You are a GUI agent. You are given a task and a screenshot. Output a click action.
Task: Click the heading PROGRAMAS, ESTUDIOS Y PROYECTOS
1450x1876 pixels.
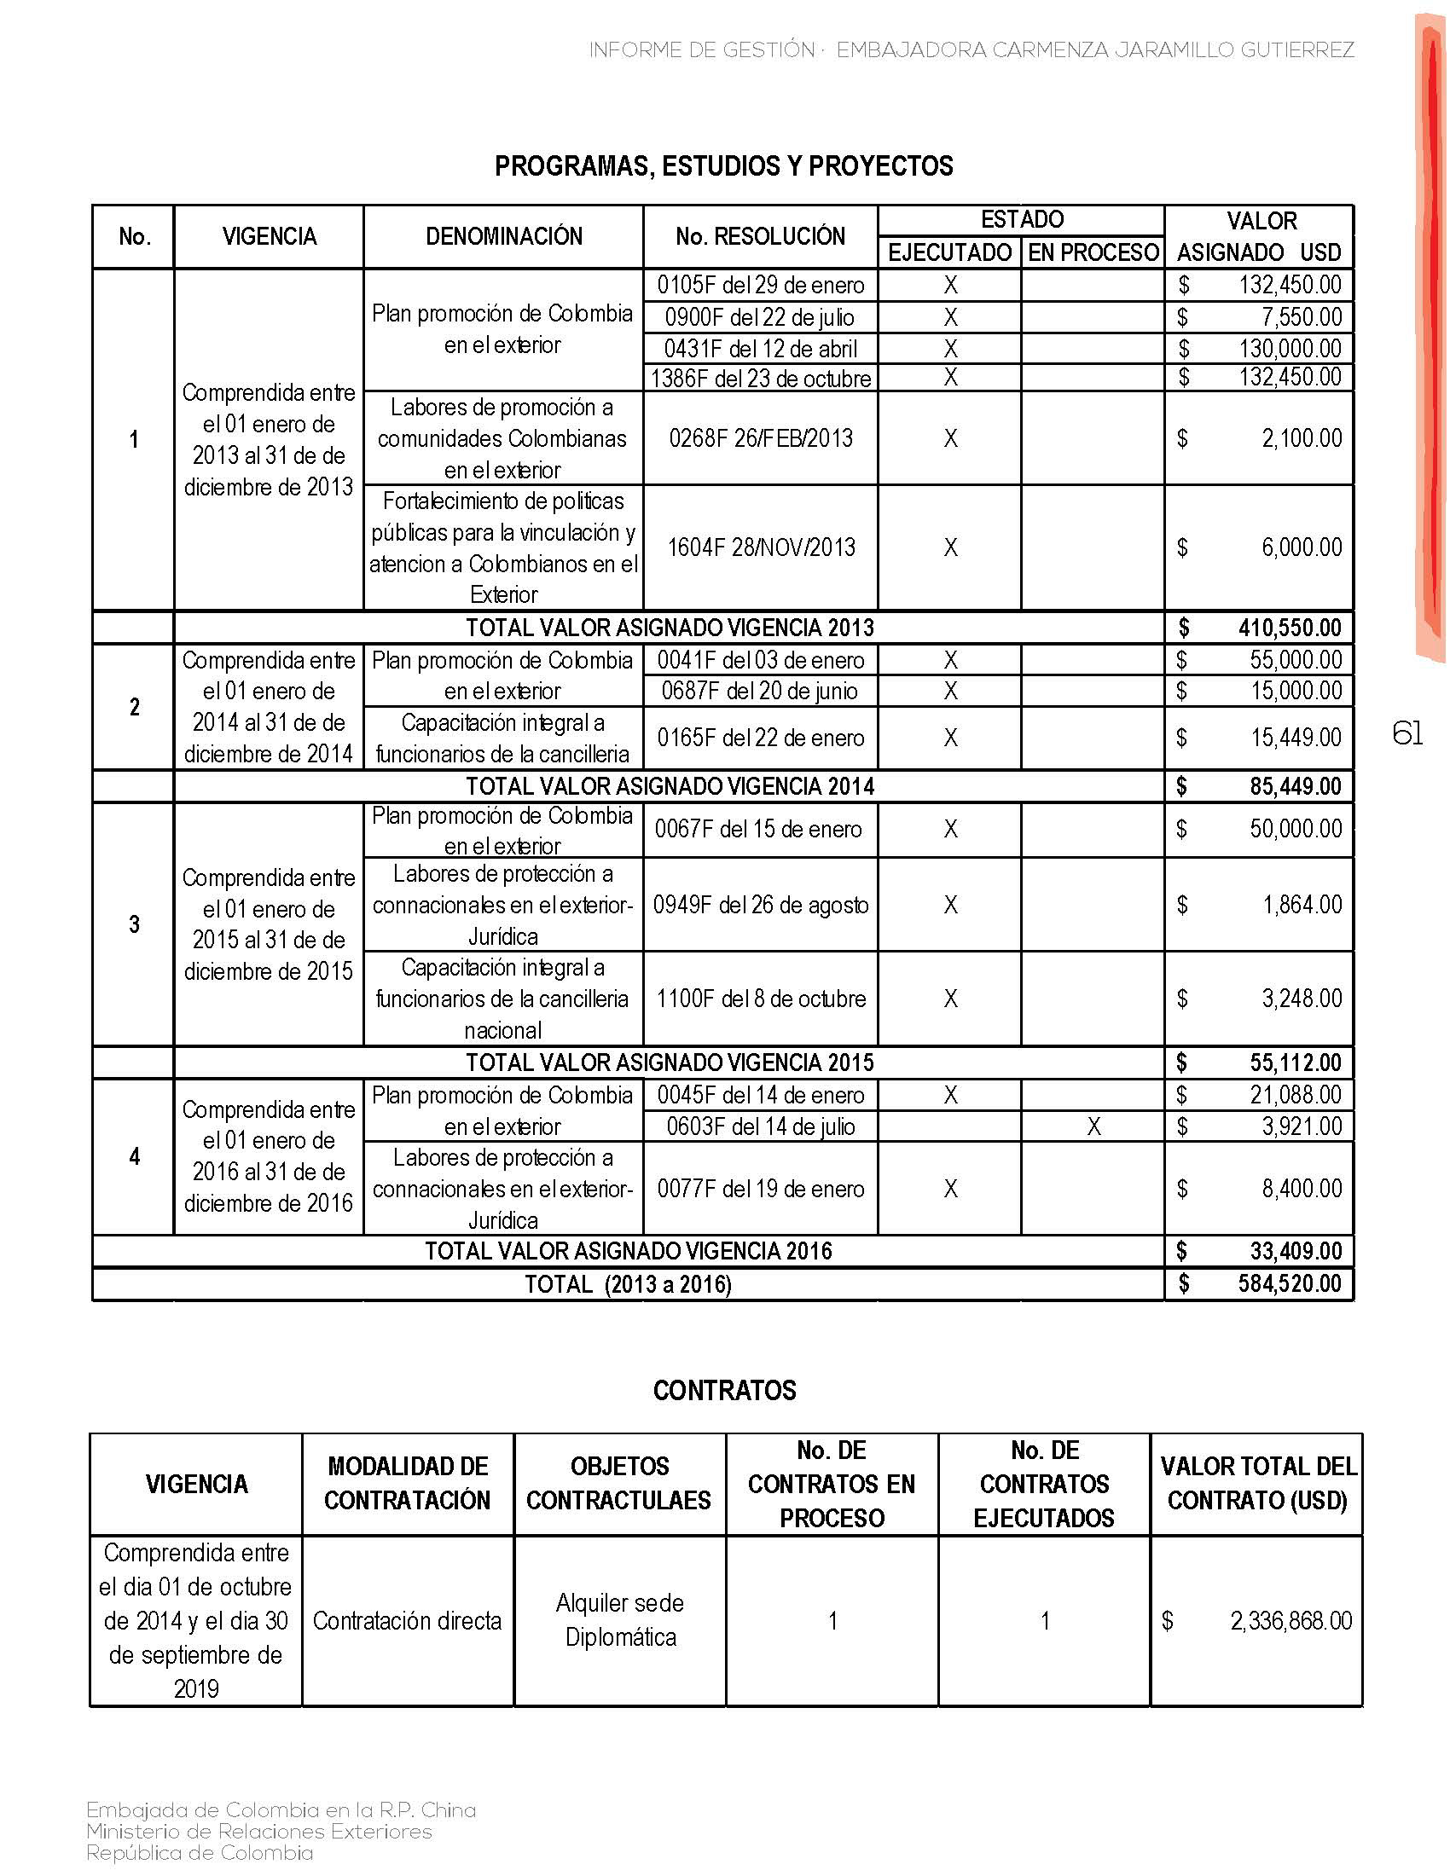click(x=723, y=165)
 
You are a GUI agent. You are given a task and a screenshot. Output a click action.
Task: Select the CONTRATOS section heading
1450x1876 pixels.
click(x=724, y=1390)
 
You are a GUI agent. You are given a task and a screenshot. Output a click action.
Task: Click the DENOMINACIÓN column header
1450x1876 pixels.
click(x=503, y=236)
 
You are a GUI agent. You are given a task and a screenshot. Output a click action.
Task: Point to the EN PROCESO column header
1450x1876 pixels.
click(x=1093, y=252)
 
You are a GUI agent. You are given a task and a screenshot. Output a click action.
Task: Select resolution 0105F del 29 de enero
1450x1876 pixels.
click(x=760, y=285)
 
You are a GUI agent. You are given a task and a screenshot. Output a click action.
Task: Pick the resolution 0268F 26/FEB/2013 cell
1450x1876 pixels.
click(x=760, y=438)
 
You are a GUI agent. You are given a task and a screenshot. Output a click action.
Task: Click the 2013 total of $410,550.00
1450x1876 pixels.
click(x=1289, y=628)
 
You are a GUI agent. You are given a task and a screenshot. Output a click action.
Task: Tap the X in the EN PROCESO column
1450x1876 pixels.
click(x=1093, y=1126)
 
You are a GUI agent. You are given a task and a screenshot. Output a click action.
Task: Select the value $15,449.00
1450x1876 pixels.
click(x=1295, y=737)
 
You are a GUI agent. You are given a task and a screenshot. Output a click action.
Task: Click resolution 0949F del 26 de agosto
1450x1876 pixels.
click(x=760, y=905)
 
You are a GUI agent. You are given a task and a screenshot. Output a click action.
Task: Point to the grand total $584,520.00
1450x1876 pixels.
click(x=1289, y=1284)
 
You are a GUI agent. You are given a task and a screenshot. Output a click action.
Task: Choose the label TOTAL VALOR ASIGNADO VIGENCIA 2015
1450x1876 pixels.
click(x=670, y=1062)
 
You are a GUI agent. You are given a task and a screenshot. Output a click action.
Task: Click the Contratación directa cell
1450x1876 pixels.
click(x=407, y=1621)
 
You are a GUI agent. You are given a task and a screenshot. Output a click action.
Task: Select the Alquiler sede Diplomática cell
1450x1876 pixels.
click(x=620, y=1620)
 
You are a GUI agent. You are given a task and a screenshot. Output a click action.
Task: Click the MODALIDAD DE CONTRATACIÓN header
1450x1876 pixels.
click(x=407, y=1484)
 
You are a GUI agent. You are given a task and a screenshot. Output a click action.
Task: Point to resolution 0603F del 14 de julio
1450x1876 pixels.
click(x=760, y=1126)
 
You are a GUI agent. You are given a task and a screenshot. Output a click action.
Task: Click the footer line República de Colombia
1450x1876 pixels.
click(x=200, y=1853)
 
